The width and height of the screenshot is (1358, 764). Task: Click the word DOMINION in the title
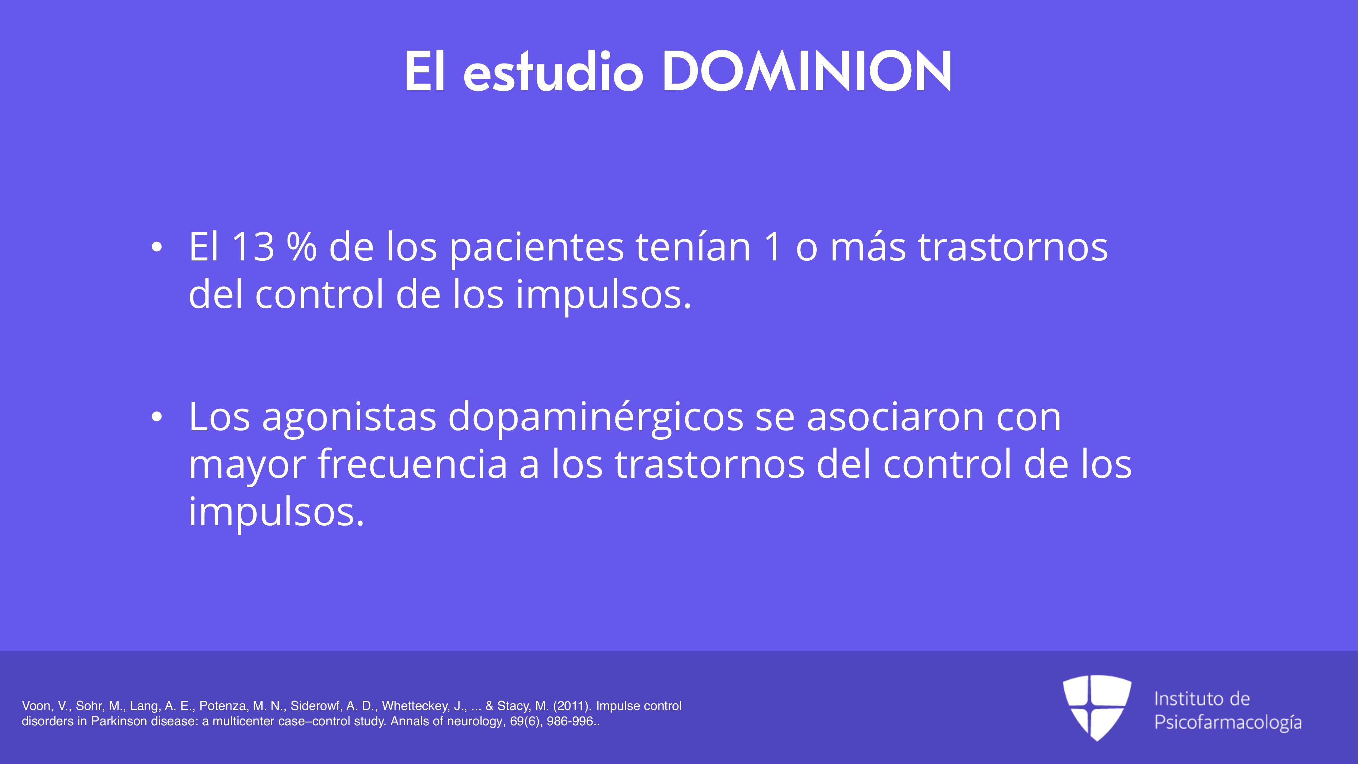pos(806,71)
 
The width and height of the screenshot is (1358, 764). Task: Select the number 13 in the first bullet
pos(253,247)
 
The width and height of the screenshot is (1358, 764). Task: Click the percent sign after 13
pos(301,247)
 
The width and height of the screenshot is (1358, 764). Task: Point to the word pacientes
pos(537,248)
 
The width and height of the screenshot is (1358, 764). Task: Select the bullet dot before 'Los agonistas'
pos(156,417)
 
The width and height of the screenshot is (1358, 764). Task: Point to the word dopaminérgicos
pos(596,418)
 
